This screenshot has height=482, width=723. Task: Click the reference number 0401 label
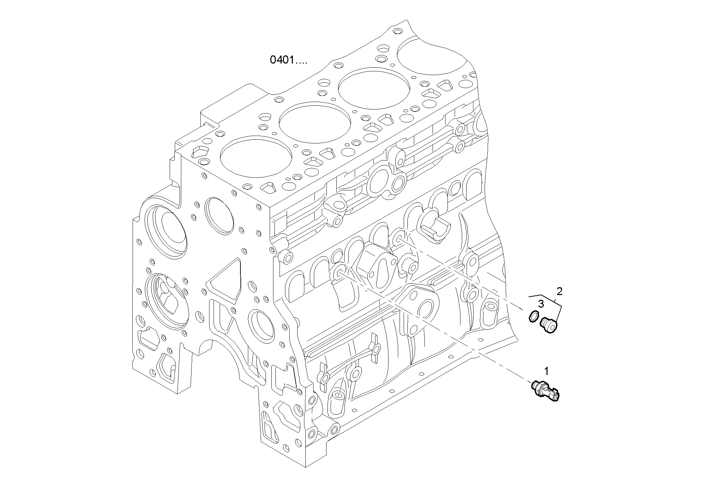coord(288,60)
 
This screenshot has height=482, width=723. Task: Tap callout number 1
coord(547,371)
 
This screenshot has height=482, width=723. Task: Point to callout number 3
coord(541,304)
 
